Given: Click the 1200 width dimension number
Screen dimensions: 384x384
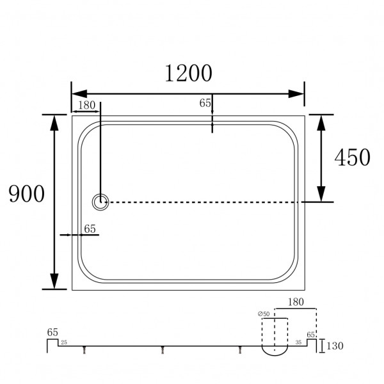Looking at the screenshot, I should (x=188, y=74).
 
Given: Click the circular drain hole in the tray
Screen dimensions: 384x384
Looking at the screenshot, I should (x=100, y=202).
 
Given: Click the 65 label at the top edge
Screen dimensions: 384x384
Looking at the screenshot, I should (x=205, y=102).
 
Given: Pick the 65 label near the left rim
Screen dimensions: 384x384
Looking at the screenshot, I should (x=90, y=228).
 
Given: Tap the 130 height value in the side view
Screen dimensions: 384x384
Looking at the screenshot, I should (x=335, y=346).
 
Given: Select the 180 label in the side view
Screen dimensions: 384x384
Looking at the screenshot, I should (x=296, y=301).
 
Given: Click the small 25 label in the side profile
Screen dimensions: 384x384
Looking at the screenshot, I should (x=63, y=343).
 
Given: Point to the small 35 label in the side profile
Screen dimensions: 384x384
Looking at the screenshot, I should (x=298, y=343).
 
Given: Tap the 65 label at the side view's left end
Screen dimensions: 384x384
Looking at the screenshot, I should (x=52, y=332).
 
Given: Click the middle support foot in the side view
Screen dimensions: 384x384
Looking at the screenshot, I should (x=163, y=349).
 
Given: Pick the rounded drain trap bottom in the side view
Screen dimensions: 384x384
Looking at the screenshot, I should (x=273, y=351).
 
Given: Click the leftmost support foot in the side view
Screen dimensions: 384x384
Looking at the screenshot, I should (x=84, y=349).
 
